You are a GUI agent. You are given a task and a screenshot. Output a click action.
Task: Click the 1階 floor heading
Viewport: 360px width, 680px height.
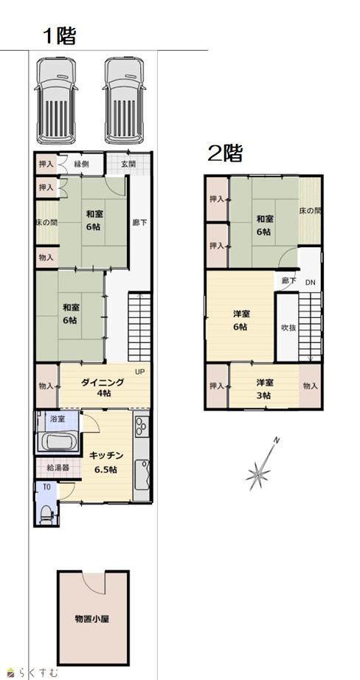[x=60, y=36]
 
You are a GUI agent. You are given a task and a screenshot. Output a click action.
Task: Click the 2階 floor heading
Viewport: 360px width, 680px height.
[x=225, y=153]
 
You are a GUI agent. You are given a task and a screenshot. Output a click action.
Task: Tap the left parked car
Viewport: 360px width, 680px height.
[x=56, y=100]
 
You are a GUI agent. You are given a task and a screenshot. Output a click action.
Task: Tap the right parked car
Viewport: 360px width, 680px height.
[x=125, y=100]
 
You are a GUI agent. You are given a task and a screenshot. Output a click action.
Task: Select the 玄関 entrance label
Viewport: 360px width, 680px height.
[x=128, y=164]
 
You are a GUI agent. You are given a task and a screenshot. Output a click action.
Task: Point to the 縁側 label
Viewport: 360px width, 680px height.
[x=82, y=164]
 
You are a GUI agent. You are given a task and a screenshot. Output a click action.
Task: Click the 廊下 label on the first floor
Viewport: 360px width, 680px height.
[x=139, y=223]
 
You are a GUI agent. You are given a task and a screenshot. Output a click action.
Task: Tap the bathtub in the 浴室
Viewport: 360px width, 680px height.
[x=58, y=443]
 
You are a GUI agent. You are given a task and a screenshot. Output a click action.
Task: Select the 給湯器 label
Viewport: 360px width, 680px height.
[x=58, y=468]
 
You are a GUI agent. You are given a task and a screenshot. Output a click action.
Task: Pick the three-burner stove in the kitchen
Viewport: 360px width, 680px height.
[x=142, y=426]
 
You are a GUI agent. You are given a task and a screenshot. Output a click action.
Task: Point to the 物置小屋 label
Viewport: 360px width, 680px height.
[x=92, y=619]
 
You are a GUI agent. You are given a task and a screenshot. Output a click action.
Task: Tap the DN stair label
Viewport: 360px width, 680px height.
[x=311, y=282]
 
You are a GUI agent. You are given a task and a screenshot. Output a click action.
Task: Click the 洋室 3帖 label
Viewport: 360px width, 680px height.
[x=264, y=389]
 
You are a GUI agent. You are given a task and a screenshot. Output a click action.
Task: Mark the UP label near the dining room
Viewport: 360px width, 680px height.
[x=139, y=372]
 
